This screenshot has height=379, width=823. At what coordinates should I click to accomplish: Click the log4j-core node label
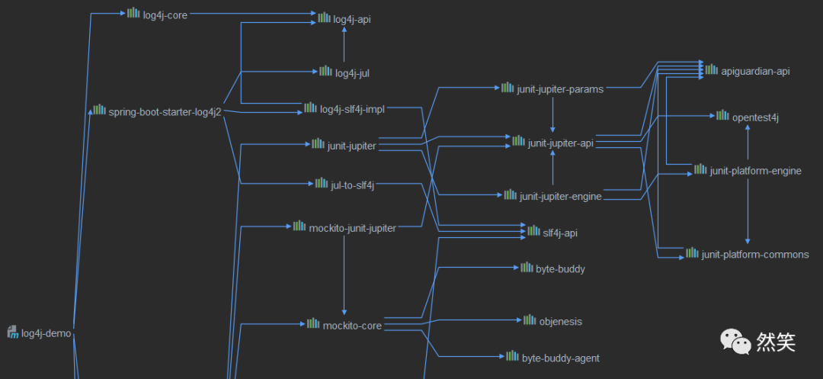pyautogui.click(x=165, y=14)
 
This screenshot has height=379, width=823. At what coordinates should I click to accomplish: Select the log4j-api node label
pyautogui.click(x=352, y=19)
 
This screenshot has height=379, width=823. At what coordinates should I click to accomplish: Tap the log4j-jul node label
pyautogui.click(x=352, y=73)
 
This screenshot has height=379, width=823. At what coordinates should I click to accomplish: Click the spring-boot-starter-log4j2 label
pyautogui.click(x=165, y=112)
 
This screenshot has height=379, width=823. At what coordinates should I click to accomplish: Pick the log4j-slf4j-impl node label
pyautogui.click(x=352, y=110)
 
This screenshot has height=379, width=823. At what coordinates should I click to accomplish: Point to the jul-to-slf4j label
pyautogui.click(x=352, y=185)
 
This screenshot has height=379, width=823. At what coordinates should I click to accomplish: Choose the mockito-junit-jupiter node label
pyautogui.click(x=352, y=227)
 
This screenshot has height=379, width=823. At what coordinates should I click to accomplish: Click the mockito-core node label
pyautogui.click(x=352, y=326)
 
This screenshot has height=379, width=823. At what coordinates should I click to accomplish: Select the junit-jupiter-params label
pyautogui.click(x=560, y=89)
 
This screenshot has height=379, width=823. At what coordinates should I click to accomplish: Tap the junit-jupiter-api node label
pyautogui.click(x=560, y=143)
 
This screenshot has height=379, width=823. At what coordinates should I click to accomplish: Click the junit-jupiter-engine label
pyautogui.click(x=560, y=197)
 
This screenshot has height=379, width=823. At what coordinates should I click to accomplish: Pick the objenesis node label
pyautogui.click(x=560, y=321)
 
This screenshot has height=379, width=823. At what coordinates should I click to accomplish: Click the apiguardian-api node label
pyautogui.click(x=755, y=71)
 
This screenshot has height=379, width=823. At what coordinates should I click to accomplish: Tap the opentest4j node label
pyautogui.click(x=754, y=117)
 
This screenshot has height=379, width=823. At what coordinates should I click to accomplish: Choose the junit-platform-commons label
pyautogui.click(x=755, y=255)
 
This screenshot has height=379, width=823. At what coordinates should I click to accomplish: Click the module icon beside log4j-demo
pyautogui.click(x=12, y=332)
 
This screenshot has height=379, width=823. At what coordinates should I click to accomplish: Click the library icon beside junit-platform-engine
pyautogui.click(x=700, y=169)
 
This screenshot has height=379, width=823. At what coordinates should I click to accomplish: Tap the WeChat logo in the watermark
pyautogui.click(x=736, y=341)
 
